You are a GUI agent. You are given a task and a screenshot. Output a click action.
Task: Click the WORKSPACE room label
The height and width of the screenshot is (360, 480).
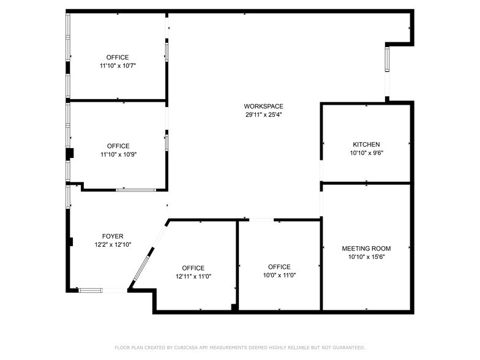[x=263, y=106]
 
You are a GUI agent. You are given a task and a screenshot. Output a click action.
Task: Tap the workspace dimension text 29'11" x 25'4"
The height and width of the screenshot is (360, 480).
[x=263, y=114]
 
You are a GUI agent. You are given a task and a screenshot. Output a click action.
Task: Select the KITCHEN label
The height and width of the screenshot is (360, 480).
[x=366, y=144]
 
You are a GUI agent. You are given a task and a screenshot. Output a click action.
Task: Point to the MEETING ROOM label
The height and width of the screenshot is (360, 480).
[x=366, y=248]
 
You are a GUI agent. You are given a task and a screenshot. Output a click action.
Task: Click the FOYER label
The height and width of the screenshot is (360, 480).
[x=113, y=236]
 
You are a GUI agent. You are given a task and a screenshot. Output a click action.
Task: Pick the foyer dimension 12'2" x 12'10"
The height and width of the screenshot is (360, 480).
[x=113, y=244]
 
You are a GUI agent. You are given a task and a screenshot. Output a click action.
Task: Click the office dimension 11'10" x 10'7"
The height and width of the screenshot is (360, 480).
[x=118, y=66]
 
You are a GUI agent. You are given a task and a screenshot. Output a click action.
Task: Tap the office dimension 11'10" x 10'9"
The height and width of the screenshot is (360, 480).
[x=118, y=154]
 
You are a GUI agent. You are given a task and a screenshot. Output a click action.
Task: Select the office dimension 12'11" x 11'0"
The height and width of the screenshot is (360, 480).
[x=193, y=277]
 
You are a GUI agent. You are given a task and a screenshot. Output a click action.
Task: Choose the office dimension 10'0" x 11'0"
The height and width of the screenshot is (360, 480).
[x=279, y=276]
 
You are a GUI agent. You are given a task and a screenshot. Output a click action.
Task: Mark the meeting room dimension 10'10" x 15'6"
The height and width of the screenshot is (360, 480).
[x=366, y=257]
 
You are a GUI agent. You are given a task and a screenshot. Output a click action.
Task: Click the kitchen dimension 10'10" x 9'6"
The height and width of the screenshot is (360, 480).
[x=366, y=153]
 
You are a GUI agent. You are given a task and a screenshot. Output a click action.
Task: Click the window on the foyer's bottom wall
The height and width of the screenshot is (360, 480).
[x=92, y=290]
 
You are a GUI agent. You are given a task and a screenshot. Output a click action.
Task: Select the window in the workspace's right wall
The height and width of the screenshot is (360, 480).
[x=387, y=59]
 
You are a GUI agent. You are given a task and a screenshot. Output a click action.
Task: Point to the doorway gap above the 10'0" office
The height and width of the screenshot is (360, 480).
[x=261, y=220]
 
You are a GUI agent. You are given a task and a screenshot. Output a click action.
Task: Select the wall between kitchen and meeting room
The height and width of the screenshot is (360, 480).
[x=366, y=183]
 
